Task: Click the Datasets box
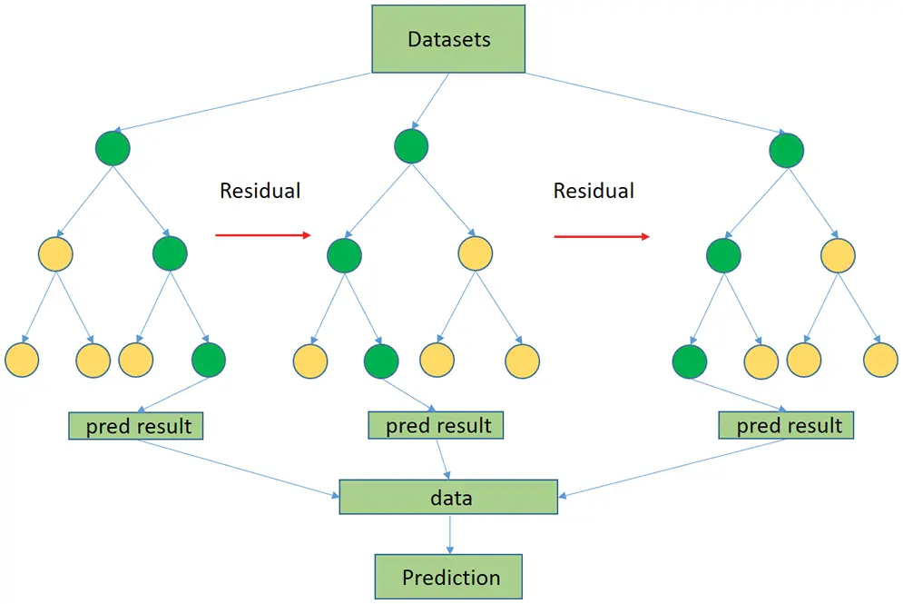(x=448, y=39)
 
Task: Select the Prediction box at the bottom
(x=450, y=577)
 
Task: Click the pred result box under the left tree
(x=136, y=425)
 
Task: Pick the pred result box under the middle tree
(x=436, y=424)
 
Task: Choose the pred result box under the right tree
(x=786, y=424)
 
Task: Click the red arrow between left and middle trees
(x=262, y=235)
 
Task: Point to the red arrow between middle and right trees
(x=601, y=236)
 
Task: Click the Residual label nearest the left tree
(x=260, y=191)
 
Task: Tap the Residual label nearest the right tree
(x=594, y=191)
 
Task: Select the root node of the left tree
(x=113, y=148)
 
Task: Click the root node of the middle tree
(x=412, y=145)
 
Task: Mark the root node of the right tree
(x=786, y=150)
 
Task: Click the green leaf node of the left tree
(x=209, y=360)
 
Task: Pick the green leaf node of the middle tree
(x=380, y=361)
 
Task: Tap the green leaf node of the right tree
(x=690, y=361)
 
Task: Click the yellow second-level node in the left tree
(x=56, y=252)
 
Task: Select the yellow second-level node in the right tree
(x=838, y=254)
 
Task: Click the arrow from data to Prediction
(x=448, y=535)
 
